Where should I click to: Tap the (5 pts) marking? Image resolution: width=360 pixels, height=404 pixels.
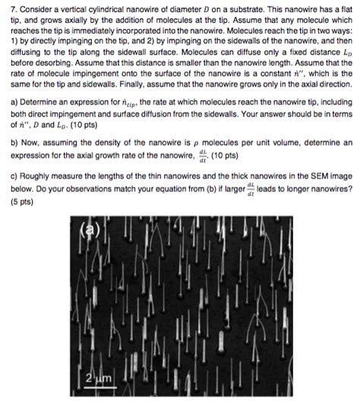tap(17, 201)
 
